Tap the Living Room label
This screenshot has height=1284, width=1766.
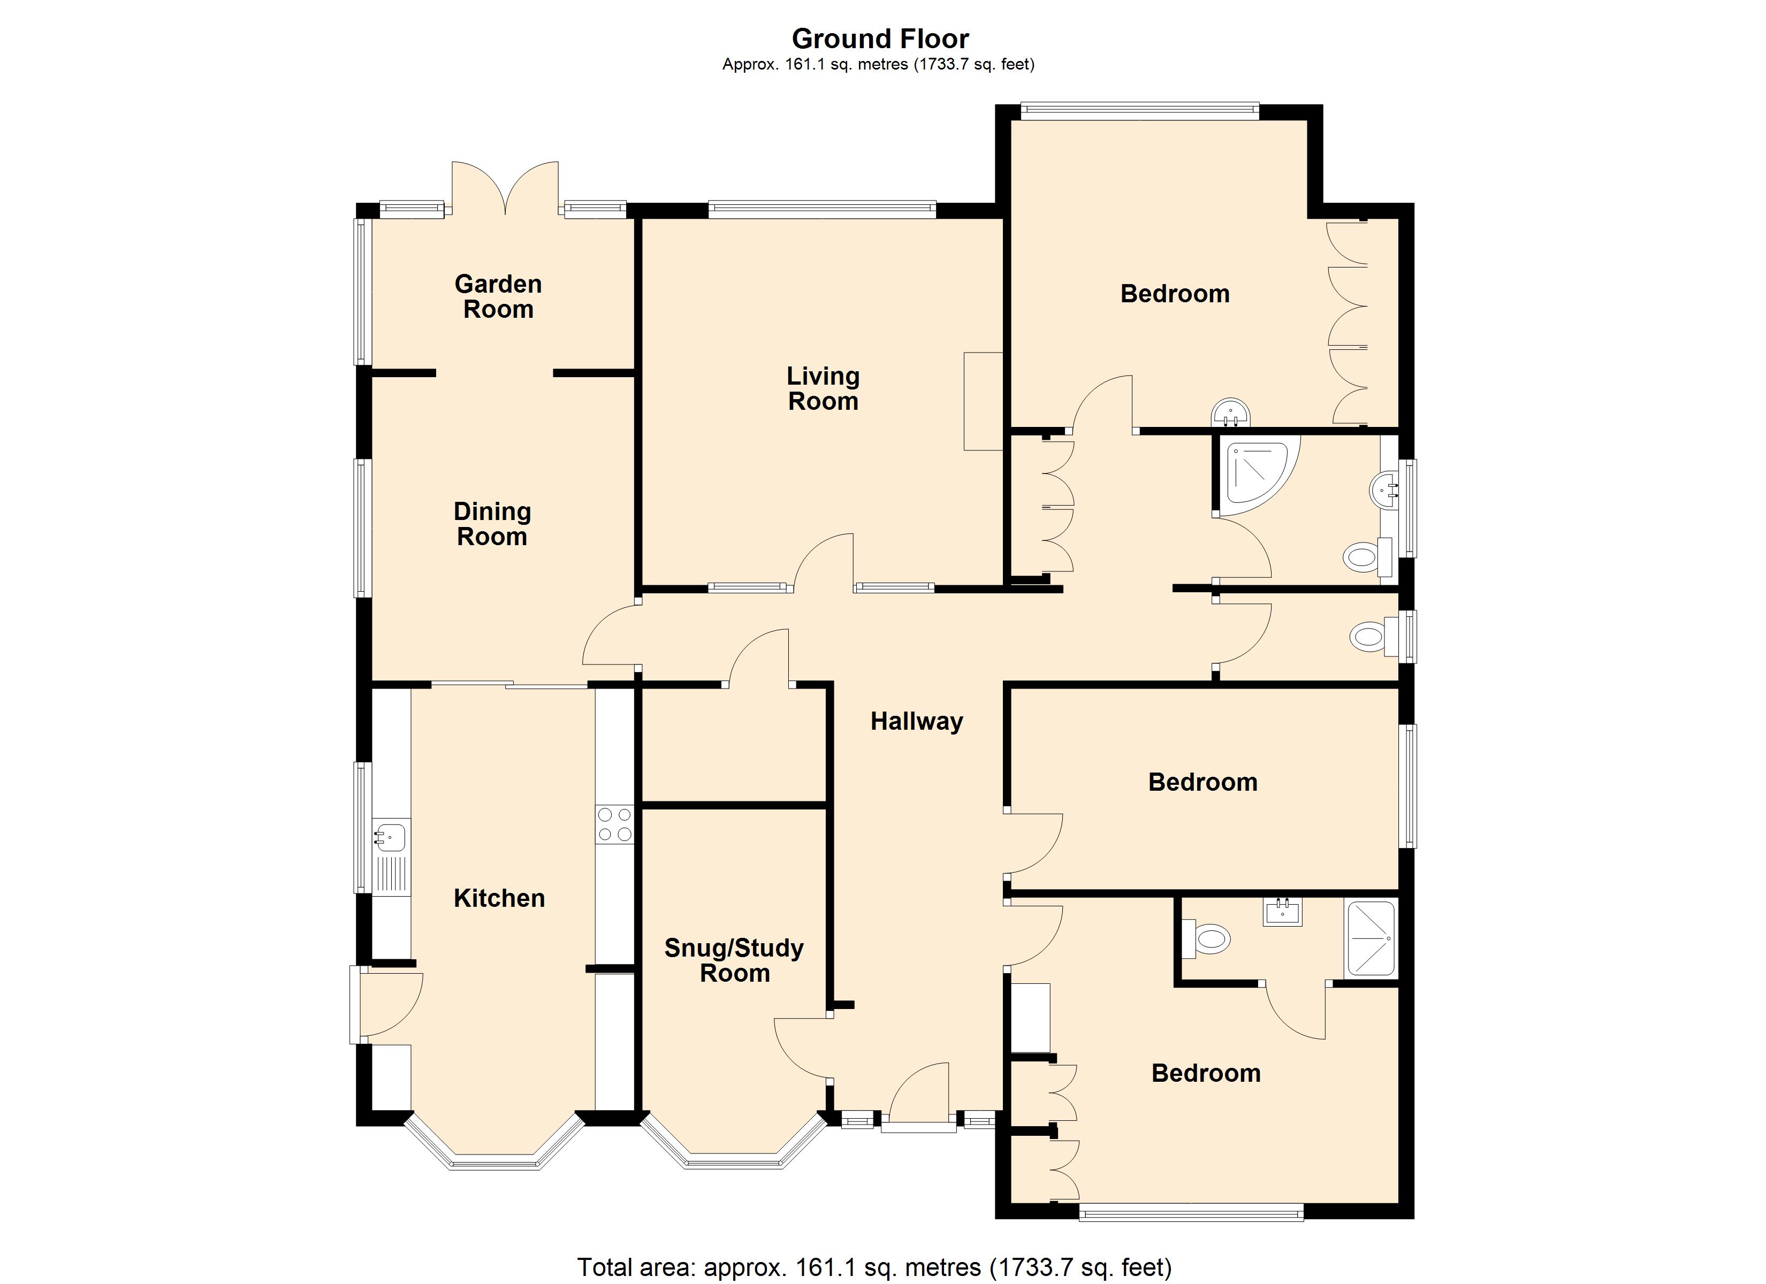pos(823,388)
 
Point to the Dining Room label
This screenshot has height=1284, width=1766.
pos(492,524)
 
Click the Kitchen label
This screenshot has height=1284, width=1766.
pos(499,898)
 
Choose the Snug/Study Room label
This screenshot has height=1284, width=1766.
pos(734,960)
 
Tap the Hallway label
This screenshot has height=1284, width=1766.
pos(917,722)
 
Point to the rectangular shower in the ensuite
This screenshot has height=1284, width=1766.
pos(1371,938)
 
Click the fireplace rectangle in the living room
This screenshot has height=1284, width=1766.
pos(983,401)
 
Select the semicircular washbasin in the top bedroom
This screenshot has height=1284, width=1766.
pos(1231,414)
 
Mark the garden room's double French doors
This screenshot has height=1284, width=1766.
pos(505,188)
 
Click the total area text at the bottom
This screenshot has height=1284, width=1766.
pos(874,1267)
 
